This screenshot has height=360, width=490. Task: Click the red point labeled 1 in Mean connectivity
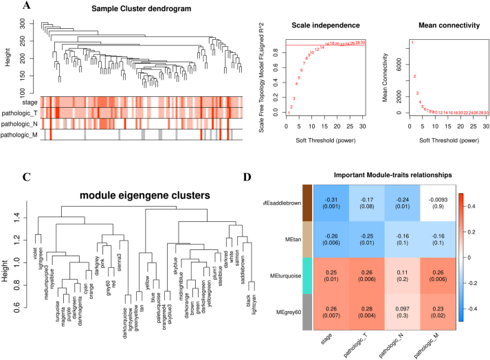[x=412, y=43]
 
